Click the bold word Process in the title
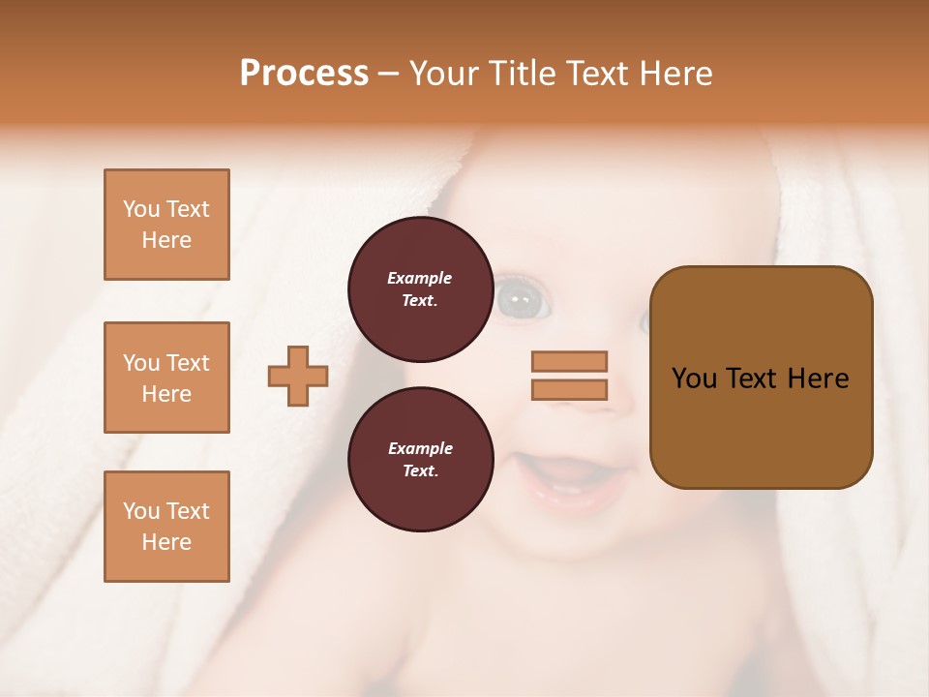[304, 74]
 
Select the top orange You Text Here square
[166, 225]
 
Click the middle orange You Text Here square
[166, 378]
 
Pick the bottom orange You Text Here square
[166, 527]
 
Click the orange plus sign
[298, 376]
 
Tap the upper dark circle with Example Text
[420, 289]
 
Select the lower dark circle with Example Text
[420, 460]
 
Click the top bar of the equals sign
[570, 362]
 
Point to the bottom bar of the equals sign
[570, 389]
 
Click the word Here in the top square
[166, 240]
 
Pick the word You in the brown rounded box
[694, 379]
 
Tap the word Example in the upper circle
[420, 278]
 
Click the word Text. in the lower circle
[420, 471]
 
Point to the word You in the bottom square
[141, 511]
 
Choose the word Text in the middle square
[188, 363]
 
